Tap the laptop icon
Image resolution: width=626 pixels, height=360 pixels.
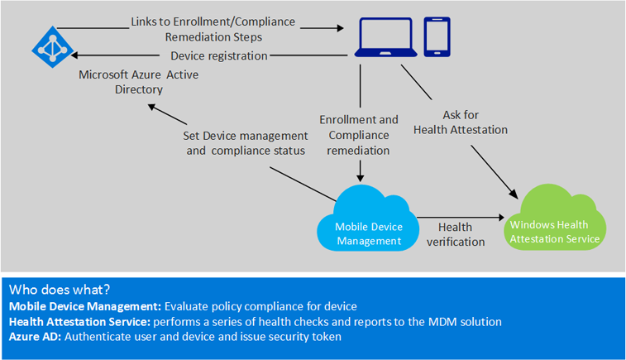[385, 38]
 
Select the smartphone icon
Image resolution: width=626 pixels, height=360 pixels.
[437, 37]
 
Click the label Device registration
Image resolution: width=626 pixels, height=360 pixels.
[218, 55]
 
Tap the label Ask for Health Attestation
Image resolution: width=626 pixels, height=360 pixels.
[460, 122]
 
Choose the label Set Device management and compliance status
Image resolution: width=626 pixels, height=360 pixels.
[245, 142]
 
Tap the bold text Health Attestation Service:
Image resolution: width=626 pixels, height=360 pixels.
[74, 320]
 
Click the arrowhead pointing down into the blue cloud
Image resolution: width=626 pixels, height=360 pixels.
[361, 177]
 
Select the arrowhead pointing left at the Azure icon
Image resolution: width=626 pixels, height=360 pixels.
[76, 55]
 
